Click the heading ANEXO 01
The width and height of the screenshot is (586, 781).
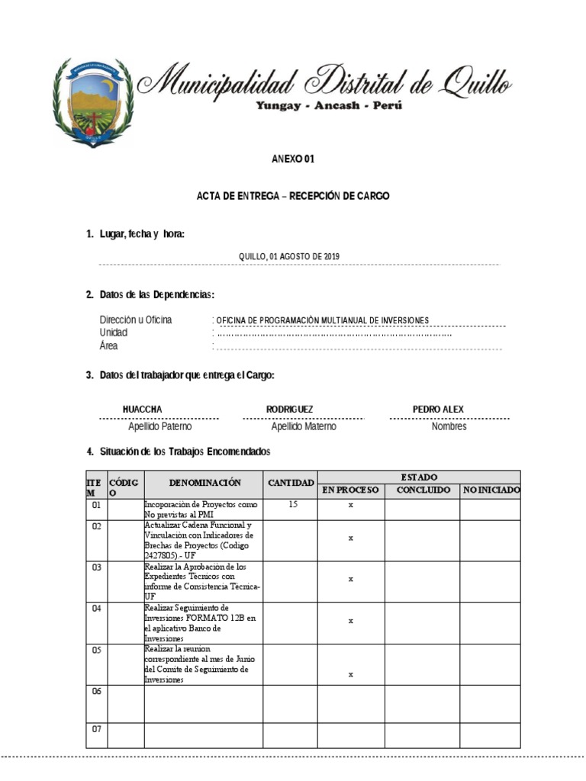click(293, 159)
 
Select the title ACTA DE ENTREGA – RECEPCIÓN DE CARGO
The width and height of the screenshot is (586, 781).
click(293, 197)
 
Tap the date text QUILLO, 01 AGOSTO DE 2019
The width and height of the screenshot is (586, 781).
click(289, 257)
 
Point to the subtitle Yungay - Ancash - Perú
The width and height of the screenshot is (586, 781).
click(328, 106)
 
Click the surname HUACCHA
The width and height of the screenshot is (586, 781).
click(143, 410)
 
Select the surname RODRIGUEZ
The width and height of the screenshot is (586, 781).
click(289, 410)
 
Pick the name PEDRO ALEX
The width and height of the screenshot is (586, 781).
click(438, 410)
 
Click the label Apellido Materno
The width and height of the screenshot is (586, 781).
click(303, 427)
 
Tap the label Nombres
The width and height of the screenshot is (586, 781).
click(449, 427)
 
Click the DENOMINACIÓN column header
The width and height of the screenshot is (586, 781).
click(204, 483)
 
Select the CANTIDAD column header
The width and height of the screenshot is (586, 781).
click(291, 484)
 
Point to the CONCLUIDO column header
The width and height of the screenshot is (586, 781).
click(423, 490)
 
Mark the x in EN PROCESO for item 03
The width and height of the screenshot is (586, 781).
click(351, 579)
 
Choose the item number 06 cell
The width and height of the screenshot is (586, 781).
click(96, 691)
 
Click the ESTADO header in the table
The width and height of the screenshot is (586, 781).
click(419, 477)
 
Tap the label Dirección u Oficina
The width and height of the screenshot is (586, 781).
click(136, 320)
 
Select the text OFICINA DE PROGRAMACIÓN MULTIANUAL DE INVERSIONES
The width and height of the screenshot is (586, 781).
click(323, 320)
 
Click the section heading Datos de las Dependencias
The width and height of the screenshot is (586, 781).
click(156, 294)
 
